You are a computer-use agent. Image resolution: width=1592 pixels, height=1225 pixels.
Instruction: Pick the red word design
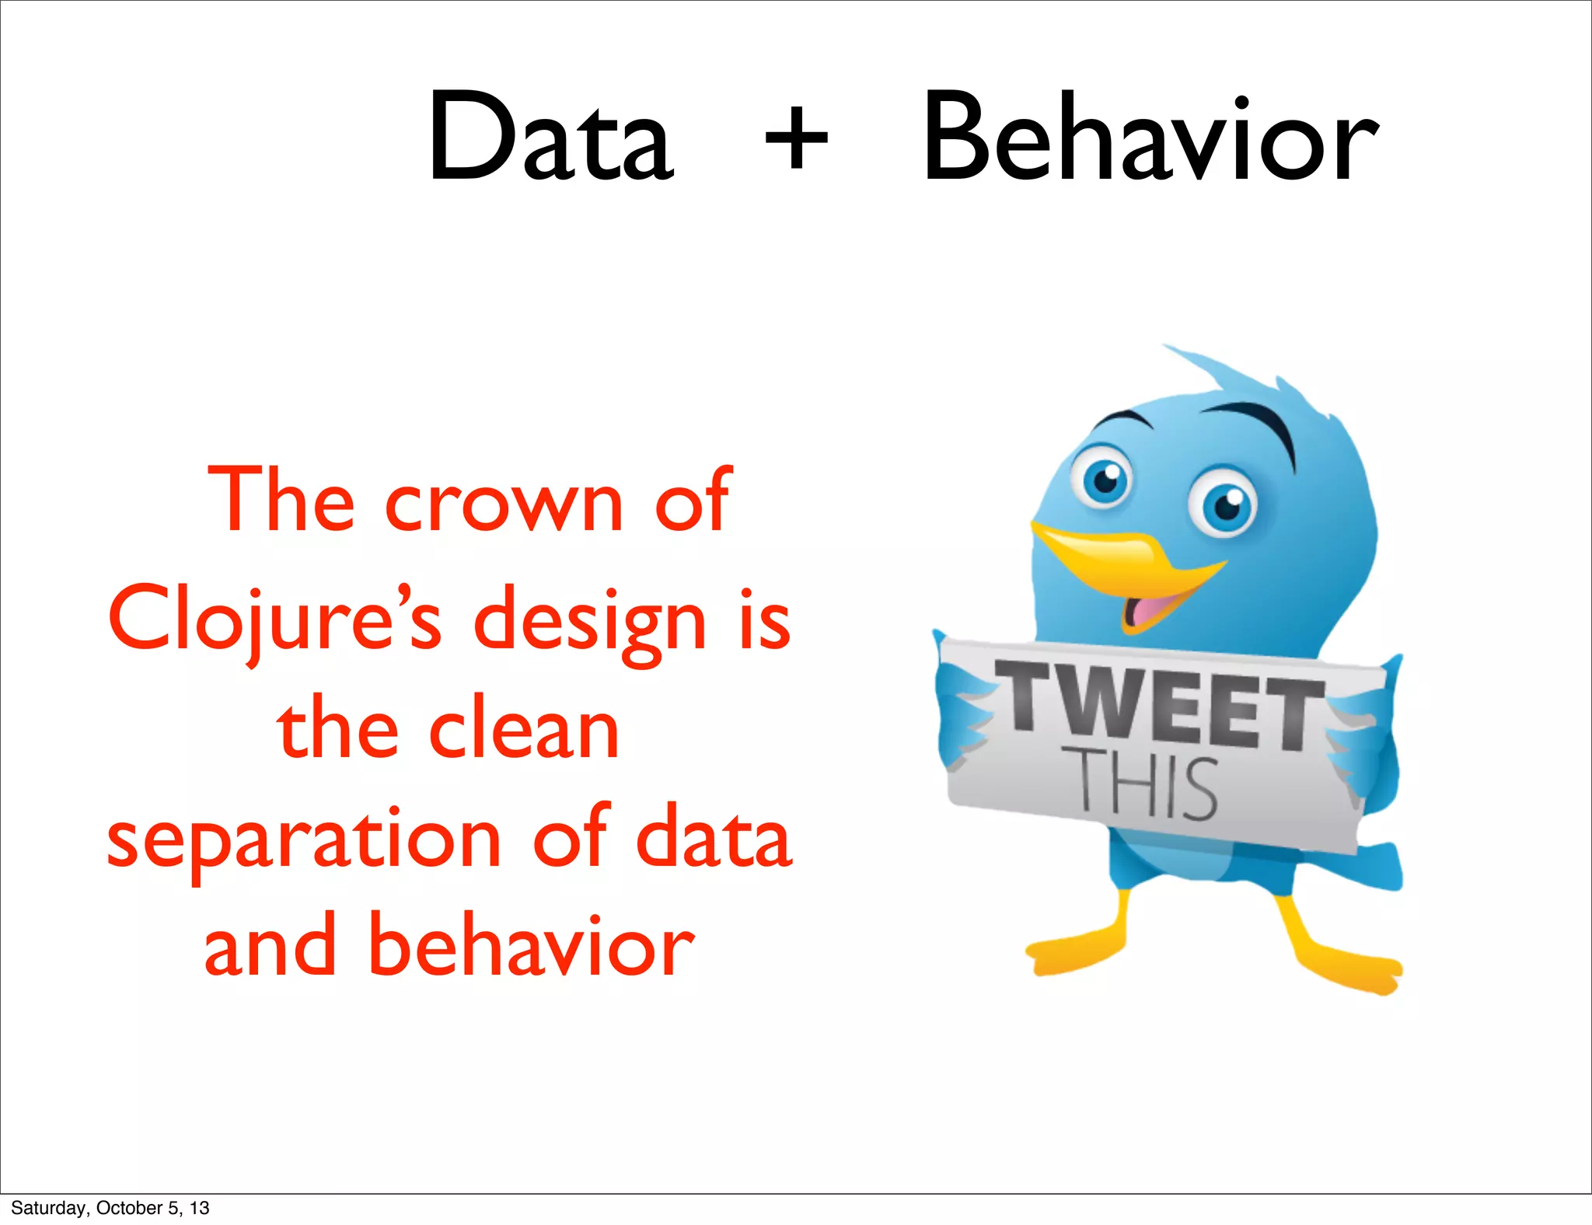pos(590,622)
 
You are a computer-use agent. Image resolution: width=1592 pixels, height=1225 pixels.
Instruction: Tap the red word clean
pos(525,731)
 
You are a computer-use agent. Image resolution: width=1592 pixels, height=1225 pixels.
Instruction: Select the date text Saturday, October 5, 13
pos(110,1208)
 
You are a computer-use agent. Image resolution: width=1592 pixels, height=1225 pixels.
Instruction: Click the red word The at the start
pos(281,501)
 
